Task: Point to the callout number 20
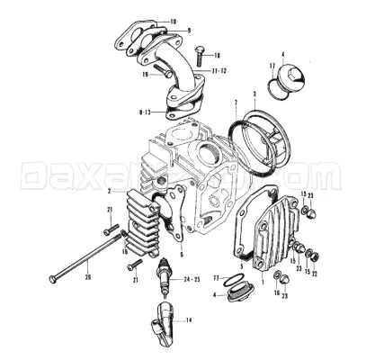87,277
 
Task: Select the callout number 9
189,31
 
